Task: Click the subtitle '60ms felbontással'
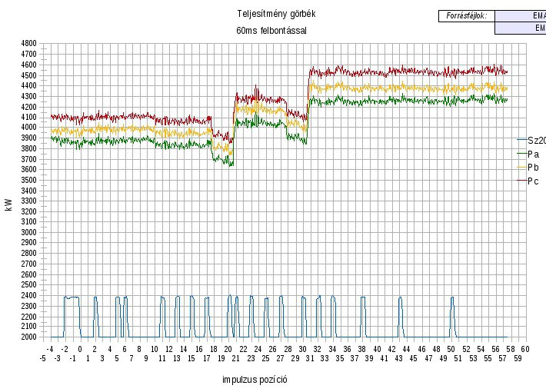click(x=277, y=31)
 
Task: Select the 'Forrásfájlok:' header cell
click(x=466, y=15)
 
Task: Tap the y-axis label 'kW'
click(x=8, y=205)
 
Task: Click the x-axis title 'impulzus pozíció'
click(x=255, y=380)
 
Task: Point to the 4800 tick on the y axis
click(x=29, y=44)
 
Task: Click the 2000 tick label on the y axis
click(x=29, y=337)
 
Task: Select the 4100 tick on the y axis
click(x=29, y=117)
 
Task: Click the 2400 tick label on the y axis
click(x=29, y=295)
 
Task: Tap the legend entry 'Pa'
click(x=533, y=154)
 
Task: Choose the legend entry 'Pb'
click(x=533, y=168)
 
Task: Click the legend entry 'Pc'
click(x=533, y=181)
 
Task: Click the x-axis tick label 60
click(x=525, y=349)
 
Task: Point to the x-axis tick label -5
click(x=43, y=358)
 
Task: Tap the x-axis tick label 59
click(x=518, y=358)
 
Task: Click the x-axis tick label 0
click(x=80, y=349)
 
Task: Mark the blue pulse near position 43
click(x=400, y=315)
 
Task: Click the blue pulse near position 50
click(x=452, y=315)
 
